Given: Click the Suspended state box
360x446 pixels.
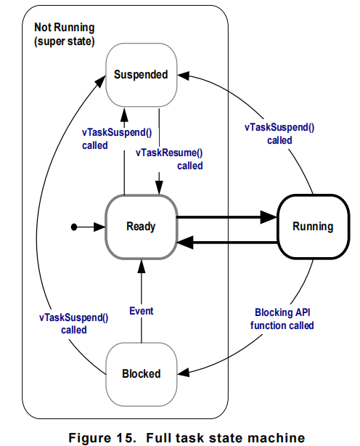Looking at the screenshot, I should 141,75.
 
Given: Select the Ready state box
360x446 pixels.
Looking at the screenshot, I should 141,226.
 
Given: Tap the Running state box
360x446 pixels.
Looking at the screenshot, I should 313,226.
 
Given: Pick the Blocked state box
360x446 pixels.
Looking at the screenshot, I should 141,373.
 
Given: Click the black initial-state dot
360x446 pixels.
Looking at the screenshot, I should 74,227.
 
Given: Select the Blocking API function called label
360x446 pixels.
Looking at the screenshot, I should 282,320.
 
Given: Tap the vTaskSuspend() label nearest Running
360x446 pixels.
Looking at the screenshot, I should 279,134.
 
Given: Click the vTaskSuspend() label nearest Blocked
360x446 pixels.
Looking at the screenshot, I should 73,323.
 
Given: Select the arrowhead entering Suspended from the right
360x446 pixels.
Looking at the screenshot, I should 184,74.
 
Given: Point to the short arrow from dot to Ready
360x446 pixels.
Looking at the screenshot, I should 90,227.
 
